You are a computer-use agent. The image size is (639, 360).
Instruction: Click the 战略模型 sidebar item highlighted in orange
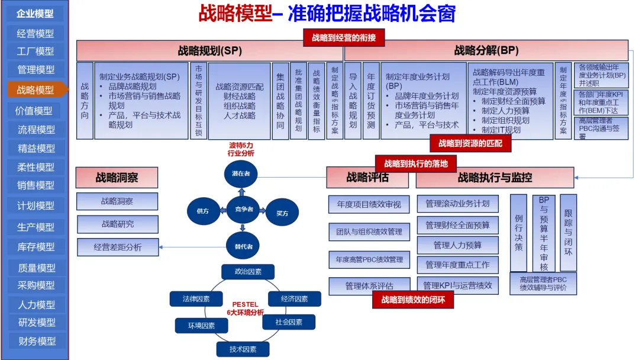pyautogui.click(x=35, y=90)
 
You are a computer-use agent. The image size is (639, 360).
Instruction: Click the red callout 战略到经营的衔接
pyautogui.click(x=344, y=37)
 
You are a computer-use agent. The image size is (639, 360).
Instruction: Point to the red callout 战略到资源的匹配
pyautogui.click(x=470, y=143)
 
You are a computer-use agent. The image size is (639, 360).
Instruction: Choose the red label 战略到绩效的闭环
pyautogui.click(x=413, y=300)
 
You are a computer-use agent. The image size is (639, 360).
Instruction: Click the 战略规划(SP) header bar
pyautogui.click(x=209, y=50)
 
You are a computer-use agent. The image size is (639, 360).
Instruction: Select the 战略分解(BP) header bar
pyautogui.click(x=486, y=50)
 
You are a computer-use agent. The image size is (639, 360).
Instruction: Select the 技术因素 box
pyautogui.click(x=243, y=349)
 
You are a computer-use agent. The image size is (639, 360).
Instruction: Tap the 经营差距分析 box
pyautogui.click(x=118, y=247)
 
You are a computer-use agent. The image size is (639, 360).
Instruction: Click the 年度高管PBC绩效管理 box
pyautogui.click(x=369, y=259)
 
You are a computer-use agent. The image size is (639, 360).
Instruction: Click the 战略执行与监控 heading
pyautogui.click(x=495, y=177)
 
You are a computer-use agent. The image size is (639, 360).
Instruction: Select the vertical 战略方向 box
pyautogui.click(x=85, y=101)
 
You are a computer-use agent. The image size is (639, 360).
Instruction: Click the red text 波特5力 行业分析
pyautogui.click(x=241, y=149)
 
